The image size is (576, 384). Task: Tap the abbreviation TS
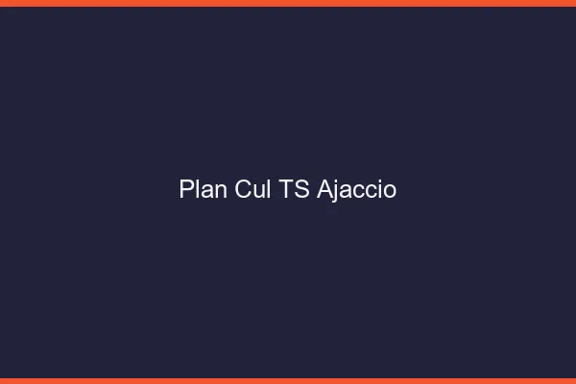coord(295,189)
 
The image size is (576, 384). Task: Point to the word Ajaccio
coord(356,189)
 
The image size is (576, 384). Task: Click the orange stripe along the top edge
coord(288,3)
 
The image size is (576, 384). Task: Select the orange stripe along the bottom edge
coord(288,380)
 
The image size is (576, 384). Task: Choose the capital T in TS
coord(287,189)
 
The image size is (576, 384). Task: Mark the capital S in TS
coord(301,189)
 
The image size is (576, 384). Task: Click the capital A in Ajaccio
coord(324,189)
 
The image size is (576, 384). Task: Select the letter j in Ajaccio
coord(335,191)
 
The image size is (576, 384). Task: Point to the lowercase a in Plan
coord(206,191)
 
